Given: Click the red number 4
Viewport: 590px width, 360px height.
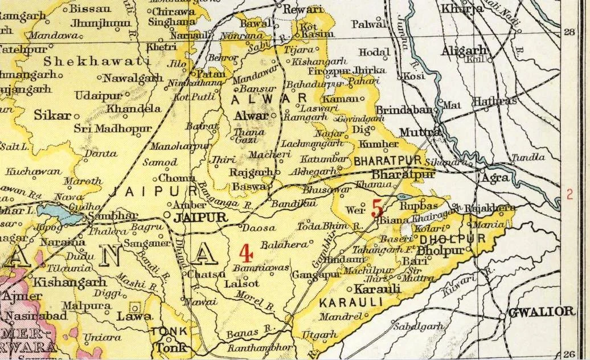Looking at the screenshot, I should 245,252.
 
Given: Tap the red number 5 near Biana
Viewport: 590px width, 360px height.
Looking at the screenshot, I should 377,208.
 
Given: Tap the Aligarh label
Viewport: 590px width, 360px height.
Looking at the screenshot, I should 466,50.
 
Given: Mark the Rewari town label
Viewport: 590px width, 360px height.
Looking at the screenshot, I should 303,9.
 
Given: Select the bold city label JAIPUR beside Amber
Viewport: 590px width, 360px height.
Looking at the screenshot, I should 196,218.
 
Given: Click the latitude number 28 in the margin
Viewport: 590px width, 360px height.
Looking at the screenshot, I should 569,32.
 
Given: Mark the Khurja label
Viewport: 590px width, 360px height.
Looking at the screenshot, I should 461,9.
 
